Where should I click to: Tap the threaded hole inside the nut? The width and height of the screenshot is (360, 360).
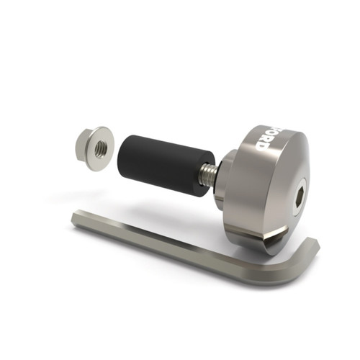tap(102, 148)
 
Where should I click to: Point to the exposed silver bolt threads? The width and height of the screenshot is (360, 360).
tap(208, 174)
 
